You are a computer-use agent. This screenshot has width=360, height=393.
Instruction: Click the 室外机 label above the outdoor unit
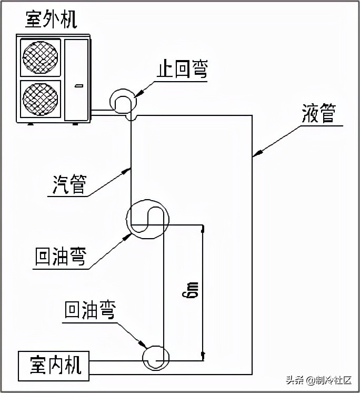[x=52, y=19]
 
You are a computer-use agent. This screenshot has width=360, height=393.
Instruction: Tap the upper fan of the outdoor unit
[x=41, y=56]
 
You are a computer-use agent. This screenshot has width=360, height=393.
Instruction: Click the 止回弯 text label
[x=182, y=70]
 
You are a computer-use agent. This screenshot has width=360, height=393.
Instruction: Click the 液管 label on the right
[x=319, y=113]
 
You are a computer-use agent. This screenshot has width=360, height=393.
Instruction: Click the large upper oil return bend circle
[x=148, y=220]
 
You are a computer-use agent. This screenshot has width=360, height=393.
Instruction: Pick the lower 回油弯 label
[x=89, y=311]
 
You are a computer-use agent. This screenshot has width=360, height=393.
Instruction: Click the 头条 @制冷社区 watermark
[x=318, y=380]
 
